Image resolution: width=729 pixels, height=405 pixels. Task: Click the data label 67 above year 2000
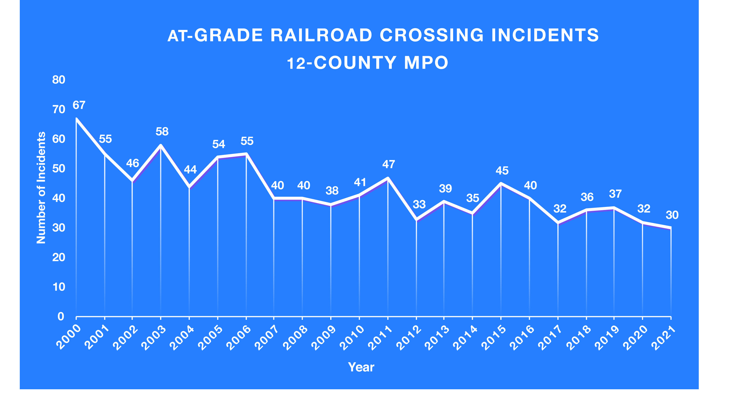(79, 105)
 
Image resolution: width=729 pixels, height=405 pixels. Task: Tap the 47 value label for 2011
(388, 164)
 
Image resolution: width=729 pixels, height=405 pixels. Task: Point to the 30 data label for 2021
(672, 215)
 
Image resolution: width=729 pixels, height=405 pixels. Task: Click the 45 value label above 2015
(502, 171)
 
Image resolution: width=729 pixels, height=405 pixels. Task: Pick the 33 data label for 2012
(419, 204)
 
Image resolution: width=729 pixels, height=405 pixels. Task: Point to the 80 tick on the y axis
(59, 80)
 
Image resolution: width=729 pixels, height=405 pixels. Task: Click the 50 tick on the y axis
(59, 169)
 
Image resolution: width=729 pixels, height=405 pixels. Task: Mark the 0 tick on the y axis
(61, 316)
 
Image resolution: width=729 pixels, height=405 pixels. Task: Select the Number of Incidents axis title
(41, 188)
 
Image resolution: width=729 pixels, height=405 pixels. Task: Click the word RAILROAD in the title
(321, 36)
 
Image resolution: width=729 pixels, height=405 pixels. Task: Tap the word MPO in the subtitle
(426, 63)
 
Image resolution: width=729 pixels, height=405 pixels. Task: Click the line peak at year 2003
(161, 145)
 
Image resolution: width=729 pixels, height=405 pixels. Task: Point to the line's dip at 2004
(189, 187)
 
